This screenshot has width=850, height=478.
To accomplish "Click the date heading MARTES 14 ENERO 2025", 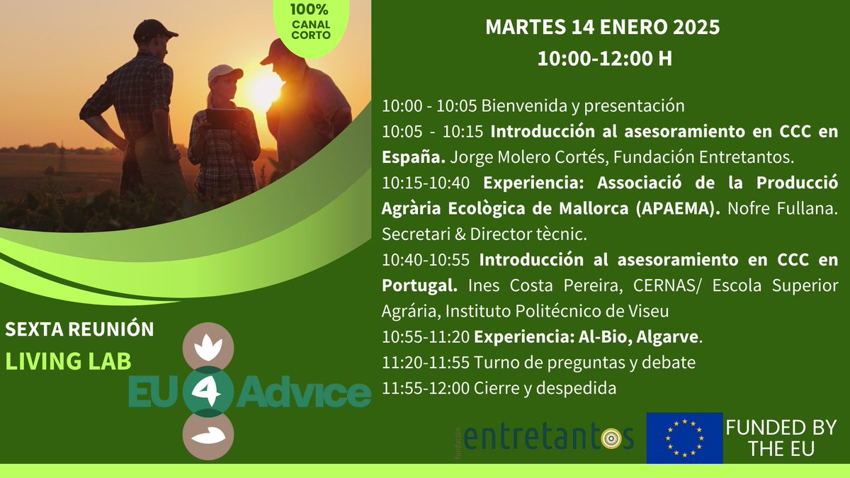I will click(x=602, y=28).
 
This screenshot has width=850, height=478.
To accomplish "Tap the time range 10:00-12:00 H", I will click(x=604, y=59).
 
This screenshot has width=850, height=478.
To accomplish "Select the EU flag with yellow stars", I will click(x=684, y=438).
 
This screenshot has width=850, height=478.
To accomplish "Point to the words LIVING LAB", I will click(x=69, y=361).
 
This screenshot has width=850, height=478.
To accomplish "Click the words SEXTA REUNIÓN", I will click(x=79, y=329).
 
